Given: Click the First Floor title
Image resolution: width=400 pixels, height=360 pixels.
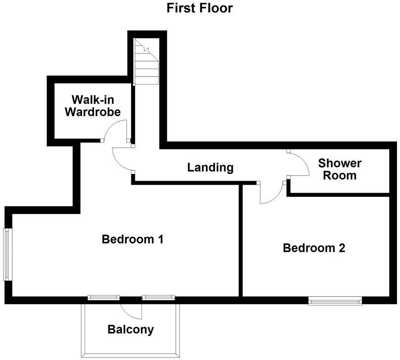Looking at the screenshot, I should pyautogui.click(x=200, y=8).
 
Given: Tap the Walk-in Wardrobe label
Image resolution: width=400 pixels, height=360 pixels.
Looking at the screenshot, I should pyautogui.click(x=93, y=105).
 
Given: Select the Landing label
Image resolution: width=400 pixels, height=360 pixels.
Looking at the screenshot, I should pyautogui.click(x=210, y=167).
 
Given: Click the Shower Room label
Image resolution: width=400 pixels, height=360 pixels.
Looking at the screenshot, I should pyautogui.click(x=340, y=169).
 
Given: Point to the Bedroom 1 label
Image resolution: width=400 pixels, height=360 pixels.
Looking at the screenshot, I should pyautogui.click(x=132, y=239).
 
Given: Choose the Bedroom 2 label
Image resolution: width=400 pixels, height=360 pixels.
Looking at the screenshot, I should pyautogui.click(x=313, y=248).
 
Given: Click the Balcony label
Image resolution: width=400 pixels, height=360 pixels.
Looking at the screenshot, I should pyautogui.click(x=131, y=329).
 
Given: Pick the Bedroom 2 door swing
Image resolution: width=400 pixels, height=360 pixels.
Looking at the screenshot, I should pyautogui.click(x=270, y=193).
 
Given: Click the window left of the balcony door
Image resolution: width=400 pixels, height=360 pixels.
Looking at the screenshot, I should pyautogui.click(x=103, y=297).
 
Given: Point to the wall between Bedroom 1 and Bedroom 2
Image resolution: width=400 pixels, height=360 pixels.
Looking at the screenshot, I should pyautogui.click(x=241, y=240).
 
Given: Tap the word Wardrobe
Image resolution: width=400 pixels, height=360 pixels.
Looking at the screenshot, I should pyautogui.click(x=93, y=112).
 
